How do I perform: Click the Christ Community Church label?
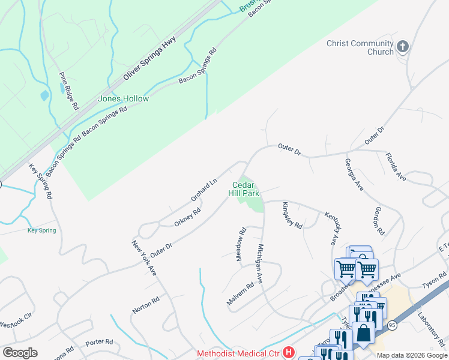pos(360,47)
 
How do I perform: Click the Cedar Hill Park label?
pos(244,190)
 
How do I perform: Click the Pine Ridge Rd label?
pos(69,91)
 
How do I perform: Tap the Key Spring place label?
pos(42,230)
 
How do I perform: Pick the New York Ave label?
pos(144,259)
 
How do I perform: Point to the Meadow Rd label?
pos(241,244)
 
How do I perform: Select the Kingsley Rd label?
pos(291,215)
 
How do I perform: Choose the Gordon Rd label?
pos(379,221)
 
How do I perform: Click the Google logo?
pos(20,353)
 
